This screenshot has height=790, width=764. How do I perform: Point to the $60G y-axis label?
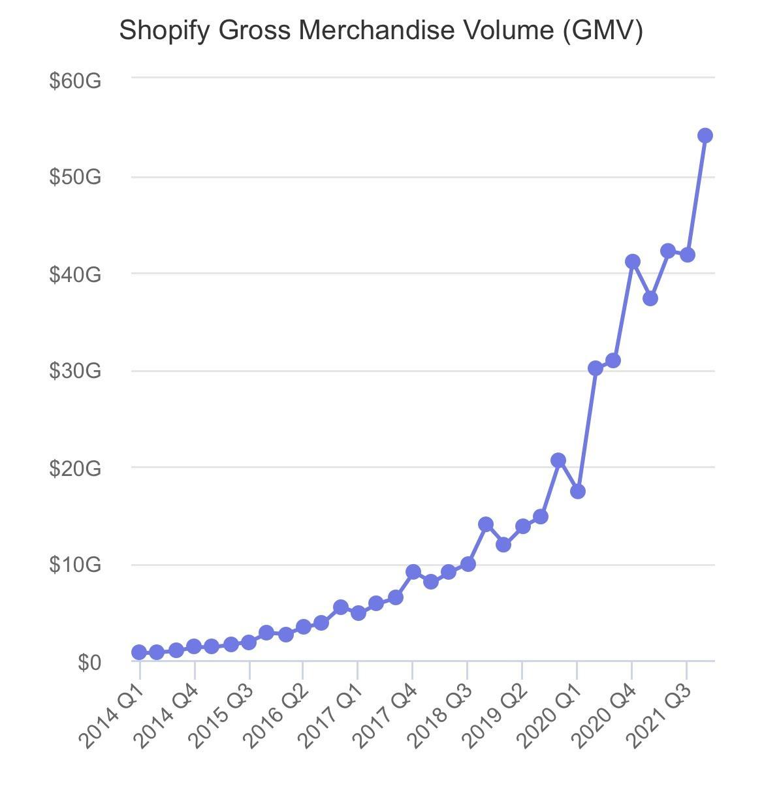pyautogui.click(x=75, y=81)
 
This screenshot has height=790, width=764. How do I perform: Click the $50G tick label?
pyautogui.click(x=75, y=177)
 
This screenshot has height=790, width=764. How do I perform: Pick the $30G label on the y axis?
pyautogui.click(x=75, y=371)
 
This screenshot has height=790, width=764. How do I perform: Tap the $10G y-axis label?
pyautogui.click(x=75, y=565)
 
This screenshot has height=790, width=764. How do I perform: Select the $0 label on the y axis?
pyautogui.click(x=89, y=662)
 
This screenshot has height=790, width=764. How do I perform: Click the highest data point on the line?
pyautogui.click(x=705, y=135)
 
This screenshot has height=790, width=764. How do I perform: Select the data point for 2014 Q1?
pyautogui.click(x=139, y=652)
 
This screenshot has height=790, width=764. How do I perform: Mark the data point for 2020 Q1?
pyautogui.click(x=577, y=491)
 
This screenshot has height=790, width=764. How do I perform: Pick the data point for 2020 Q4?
pyautogui.click(x=632, y=261)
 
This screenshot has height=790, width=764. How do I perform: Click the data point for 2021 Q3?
pyautogui.click(x=687, y=255)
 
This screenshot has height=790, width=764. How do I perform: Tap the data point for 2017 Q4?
pyautogui.click(x=413, y=572)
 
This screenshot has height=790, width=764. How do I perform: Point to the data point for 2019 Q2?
pyautogui.click(x=522, y=526)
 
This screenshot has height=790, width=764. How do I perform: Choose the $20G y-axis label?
pyautogui.click(x=75, y=468)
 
